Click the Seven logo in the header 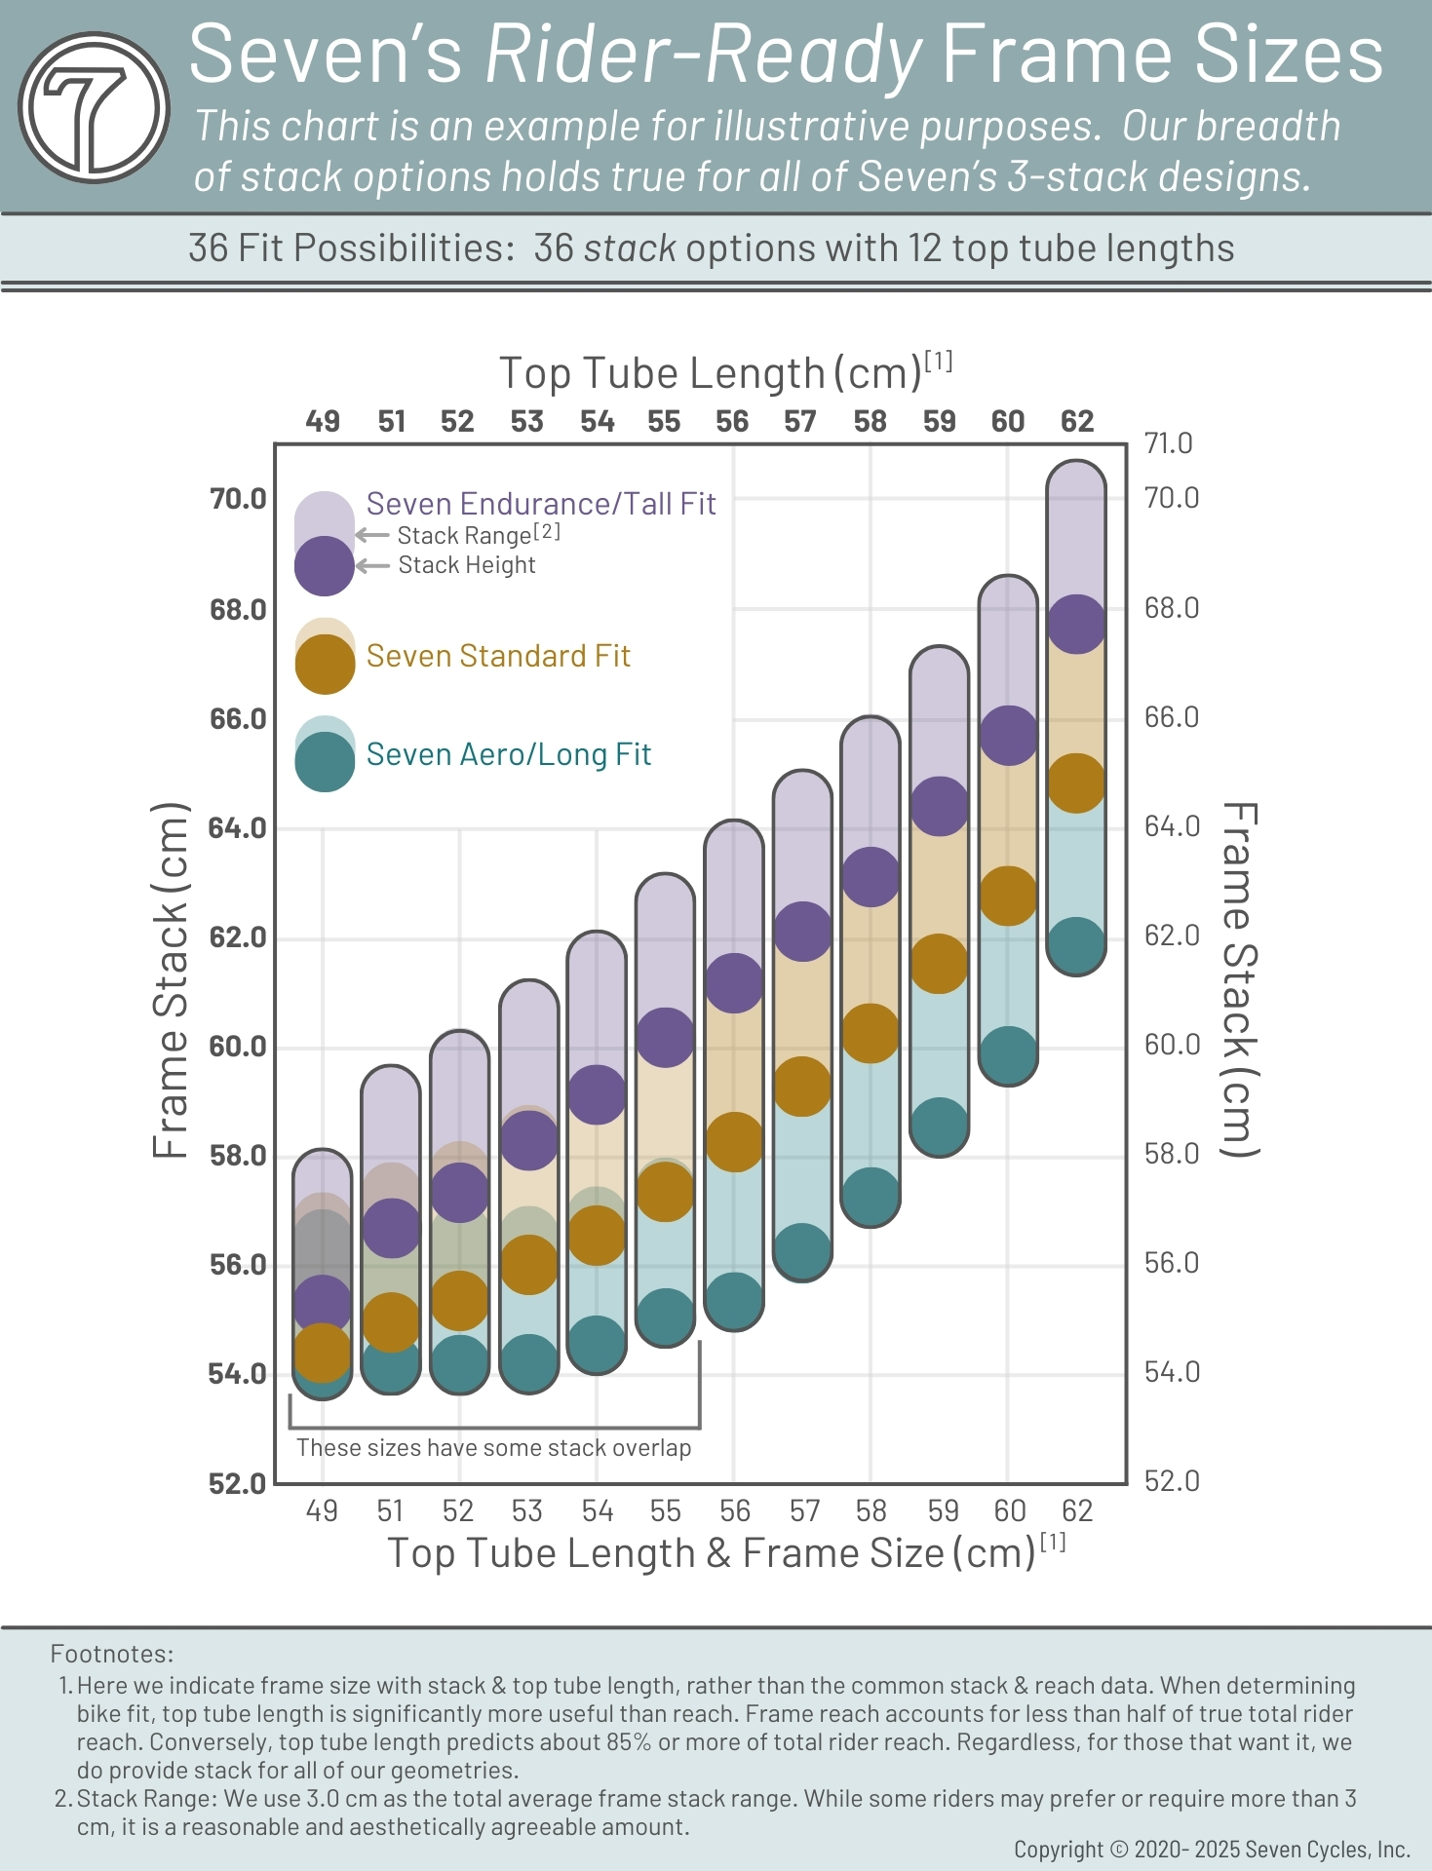click(x=94, y=108)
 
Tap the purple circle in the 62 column click(x=1076, y=624)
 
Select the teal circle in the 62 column click(x=1076, y=945)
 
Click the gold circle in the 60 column click(x=1007, y=896)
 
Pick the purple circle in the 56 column click(x=733, y=982)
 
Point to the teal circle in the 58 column click(x=870, y=1197)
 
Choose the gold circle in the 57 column click(x=801, y=1086)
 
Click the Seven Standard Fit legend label click(x=497, y=656)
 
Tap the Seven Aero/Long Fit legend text click(x=508, y=754)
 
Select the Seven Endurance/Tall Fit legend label click(x=540, y=504)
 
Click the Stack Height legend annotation click(x=466, y=565)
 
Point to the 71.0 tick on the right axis click(x=1168, y=443)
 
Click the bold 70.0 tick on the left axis click(x=238, y=499)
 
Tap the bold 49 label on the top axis click(x=323, y=421)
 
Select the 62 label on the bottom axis click(x=1076, y=1510)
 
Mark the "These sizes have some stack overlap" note click(x=493, y=1447)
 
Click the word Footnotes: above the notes click(x=112, y=1654)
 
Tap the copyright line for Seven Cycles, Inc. click(x=1212, y=1849)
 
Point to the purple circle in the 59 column click(x=939, y=806)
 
